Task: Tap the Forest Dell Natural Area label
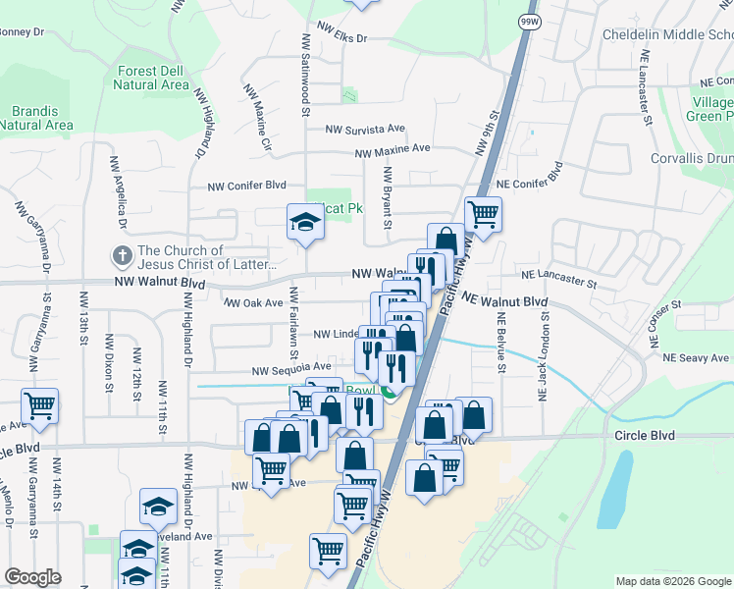tap(151, 78)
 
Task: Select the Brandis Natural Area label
tap(36, 118)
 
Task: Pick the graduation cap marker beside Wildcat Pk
tap(304, 222)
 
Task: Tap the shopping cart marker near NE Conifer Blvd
tap(483, 213)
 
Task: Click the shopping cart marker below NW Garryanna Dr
tap(39, 404)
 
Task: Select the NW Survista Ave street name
tap(365, 129)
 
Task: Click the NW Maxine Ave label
tap(393, 150)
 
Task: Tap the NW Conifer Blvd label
tap(246, 185)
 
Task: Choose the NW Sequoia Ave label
tap(291, 370)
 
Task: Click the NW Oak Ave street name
tap(253, 303)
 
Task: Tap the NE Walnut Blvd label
tap(502, 300)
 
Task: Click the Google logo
tap(32, 577)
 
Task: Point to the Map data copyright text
tap(671, 581)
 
